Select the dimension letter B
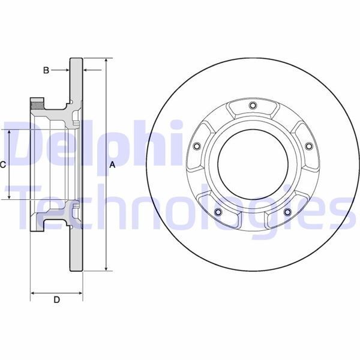pos(46,71)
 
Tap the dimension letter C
pos(3,164)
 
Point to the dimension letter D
pos(56,300)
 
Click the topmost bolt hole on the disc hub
pos(252,107)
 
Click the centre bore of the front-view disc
pos(252,166)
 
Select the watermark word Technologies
pos(180,207)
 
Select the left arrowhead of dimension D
pos(33,293)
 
